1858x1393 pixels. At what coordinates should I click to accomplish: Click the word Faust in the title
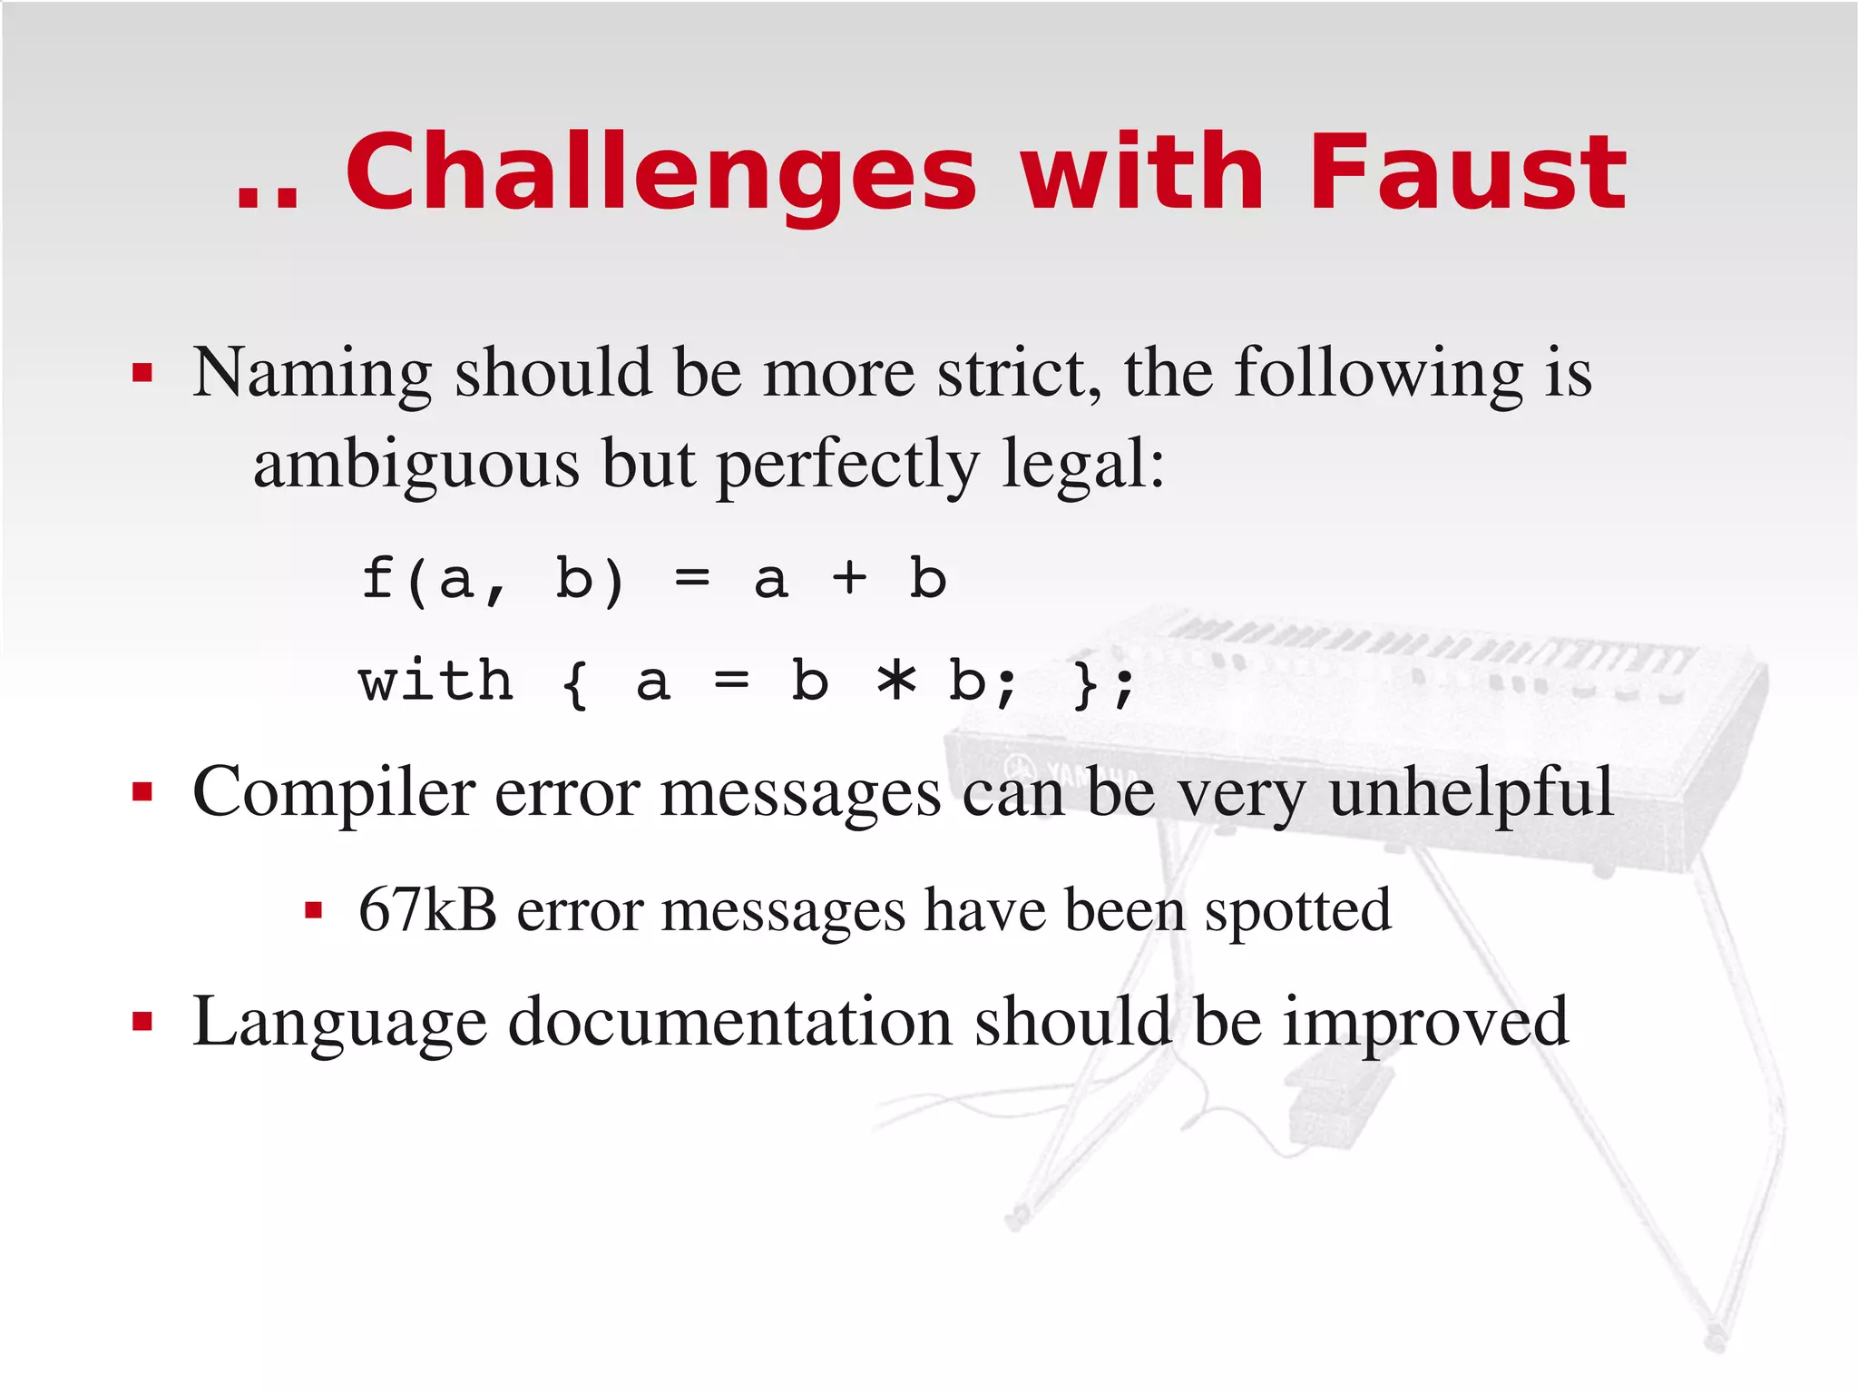(1467, 172)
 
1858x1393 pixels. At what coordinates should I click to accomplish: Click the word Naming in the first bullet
(312, 374)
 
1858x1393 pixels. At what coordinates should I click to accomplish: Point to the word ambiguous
(416, 465)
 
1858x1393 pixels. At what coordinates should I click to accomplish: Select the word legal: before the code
(1083, 465)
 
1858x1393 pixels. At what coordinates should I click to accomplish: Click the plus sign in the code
(849, 578)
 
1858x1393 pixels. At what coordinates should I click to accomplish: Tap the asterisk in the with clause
(896, 681)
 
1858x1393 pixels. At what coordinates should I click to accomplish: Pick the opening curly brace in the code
(574, 682)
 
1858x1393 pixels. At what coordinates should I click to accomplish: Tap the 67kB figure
(427, 909)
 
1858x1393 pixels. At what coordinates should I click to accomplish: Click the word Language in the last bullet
(339, 1024)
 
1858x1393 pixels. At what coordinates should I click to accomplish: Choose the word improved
(1425, 1024)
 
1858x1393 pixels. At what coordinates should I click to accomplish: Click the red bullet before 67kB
(314, 910)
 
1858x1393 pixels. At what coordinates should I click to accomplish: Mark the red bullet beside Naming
(142, 373)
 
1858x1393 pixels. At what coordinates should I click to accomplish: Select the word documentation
(730, 1022)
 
